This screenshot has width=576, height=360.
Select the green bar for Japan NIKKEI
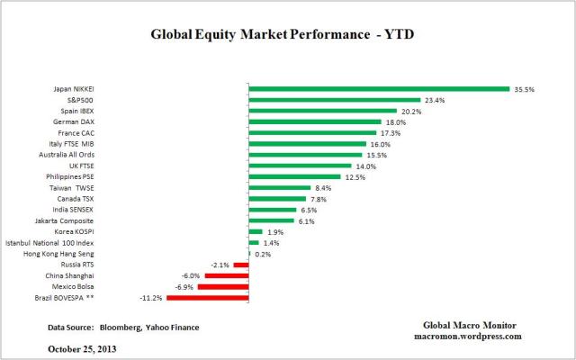[x=379, y=89]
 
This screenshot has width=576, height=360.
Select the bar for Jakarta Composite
[x=270, y=220]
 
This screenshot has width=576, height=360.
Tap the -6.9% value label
[x=184, y=286]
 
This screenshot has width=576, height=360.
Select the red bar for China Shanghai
[x=225, y=275]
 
